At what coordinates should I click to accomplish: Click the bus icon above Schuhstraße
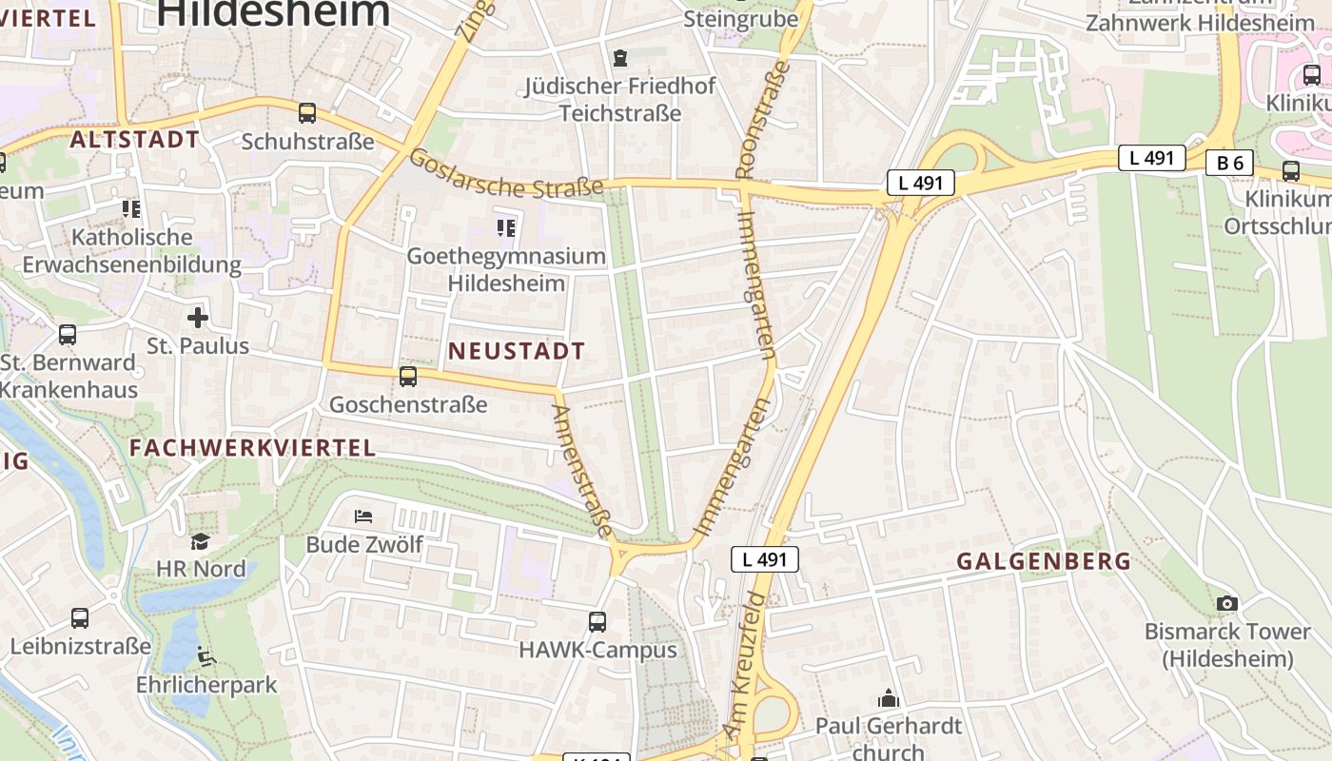click(307, 113)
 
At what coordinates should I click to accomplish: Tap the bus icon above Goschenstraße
click(408, 377)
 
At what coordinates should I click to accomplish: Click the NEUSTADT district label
click(517, 351)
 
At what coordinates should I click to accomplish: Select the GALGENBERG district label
click(1044, 561)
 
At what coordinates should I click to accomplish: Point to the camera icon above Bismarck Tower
click(1227, 603)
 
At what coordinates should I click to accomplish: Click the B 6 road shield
click(1230, 163)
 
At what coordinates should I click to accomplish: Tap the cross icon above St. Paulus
click(198, 317)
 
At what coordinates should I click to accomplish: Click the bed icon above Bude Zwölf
click(363, 517)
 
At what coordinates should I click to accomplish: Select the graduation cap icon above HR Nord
click(200, 541)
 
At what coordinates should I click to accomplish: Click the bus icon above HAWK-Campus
click(597, 622)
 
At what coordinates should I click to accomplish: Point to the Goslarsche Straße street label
click(506, 174)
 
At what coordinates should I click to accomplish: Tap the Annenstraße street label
click(580, 470)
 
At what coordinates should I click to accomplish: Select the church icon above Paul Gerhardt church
click(889, 698)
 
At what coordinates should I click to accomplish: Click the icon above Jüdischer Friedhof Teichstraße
click(620, 58)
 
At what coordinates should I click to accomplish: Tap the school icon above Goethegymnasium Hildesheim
click(506, 227)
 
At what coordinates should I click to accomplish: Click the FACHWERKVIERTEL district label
click(252, 448)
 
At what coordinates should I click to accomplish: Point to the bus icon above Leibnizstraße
click(80, 618)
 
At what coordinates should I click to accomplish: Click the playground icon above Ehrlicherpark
click(206, 656)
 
